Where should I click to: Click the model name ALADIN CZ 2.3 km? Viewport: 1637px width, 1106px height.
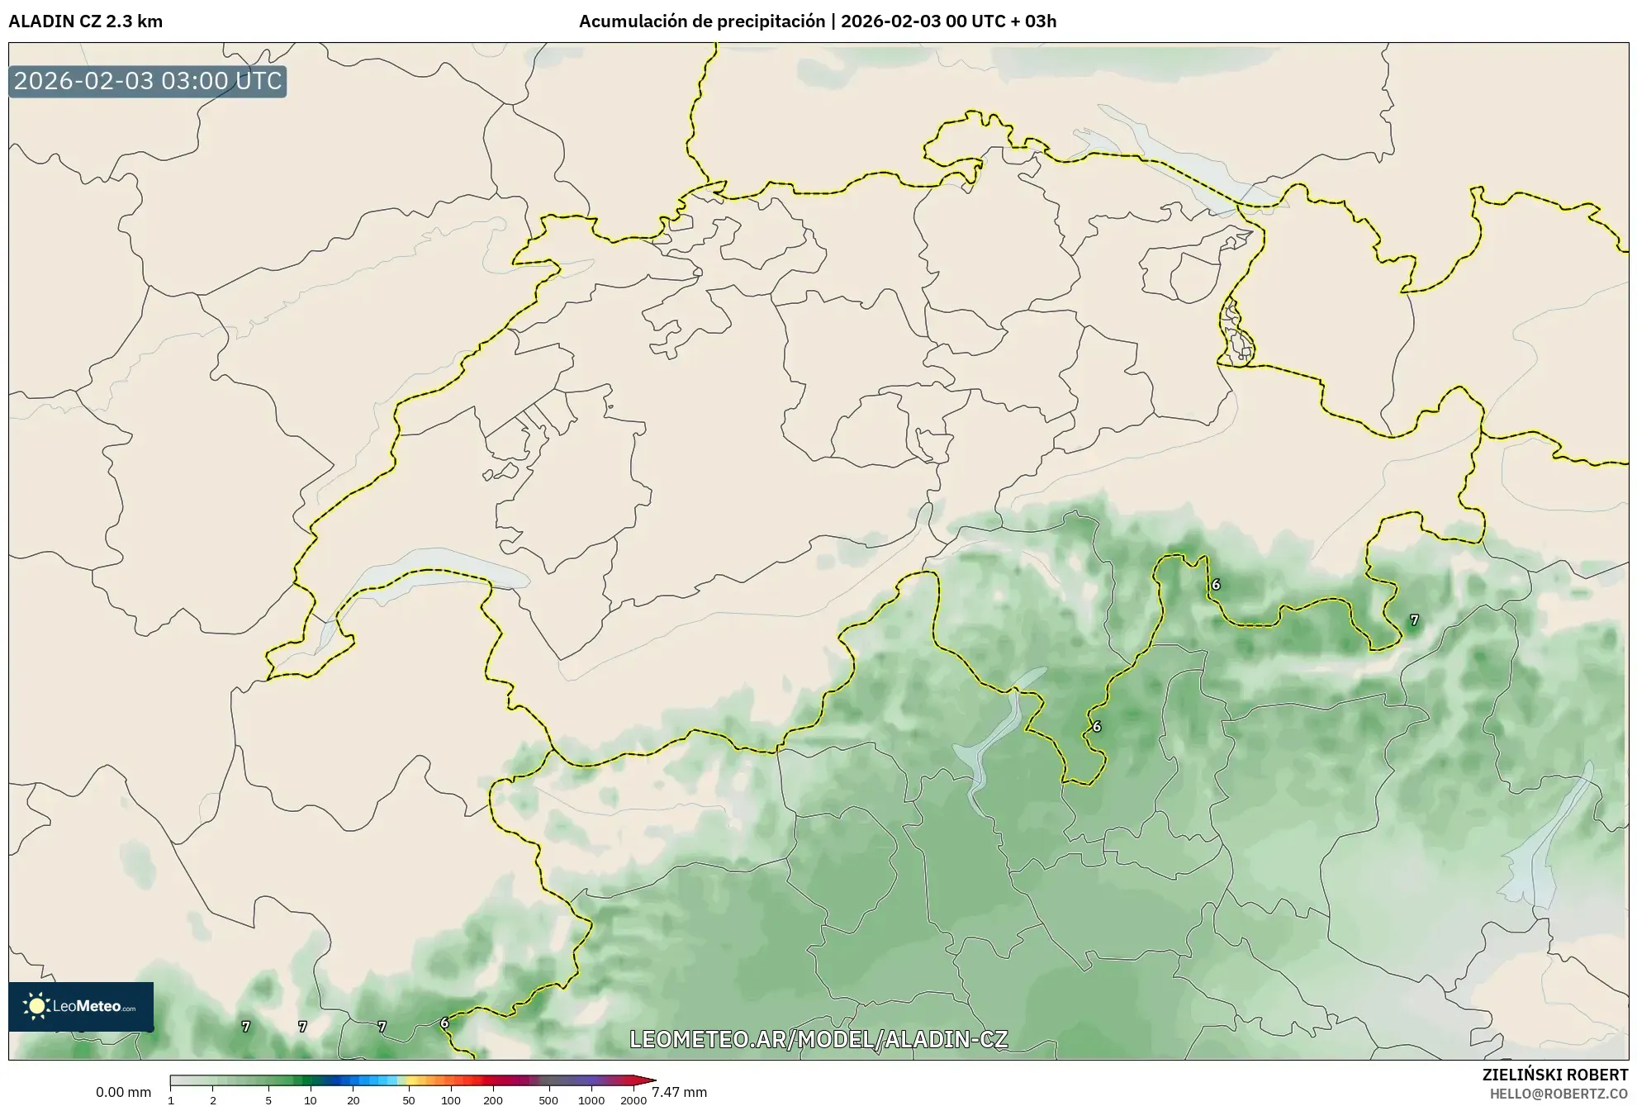point(86,21)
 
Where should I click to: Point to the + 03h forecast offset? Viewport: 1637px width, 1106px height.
point(1032,21)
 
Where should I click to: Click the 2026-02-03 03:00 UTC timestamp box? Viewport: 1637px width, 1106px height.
point(148,82)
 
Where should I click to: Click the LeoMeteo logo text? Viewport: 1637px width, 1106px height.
point(93,1007)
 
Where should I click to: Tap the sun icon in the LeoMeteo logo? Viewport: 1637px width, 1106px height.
point(36,1006)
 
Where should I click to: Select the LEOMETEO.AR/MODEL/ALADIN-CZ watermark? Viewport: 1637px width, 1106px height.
point(818,1039)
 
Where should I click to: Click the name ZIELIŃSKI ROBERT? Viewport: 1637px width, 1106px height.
point(1555,1075)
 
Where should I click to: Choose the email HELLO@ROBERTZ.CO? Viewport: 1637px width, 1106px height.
point(1559,1094)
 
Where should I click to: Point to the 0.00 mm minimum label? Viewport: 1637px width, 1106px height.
point(123,1092)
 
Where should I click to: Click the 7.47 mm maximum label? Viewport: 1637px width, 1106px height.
point(680,1092)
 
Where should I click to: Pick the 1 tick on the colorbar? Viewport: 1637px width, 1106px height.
point(171,1100)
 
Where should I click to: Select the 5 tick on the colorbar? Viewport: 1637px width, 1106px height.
point(268,1100)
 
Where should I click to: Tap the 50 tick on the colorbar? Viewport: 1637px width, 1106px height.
point(408,1100)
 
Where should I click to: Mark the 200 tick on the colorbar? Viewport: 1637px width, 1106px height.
point(493,1100)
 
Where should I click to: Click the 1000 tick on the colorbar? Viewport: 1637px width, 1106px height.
point(591,1100)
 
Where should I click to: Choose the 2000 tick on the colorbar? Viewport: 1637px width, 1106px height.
point(633,1100)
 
